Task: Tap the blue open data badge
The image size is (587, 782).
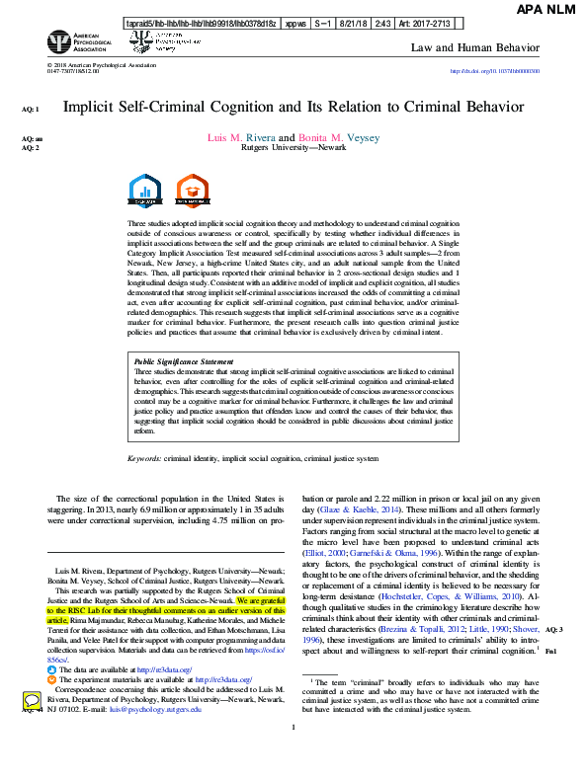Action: click(x=145, y=190)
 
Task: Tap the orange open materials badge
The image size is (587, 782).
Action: click(x=189, y=190)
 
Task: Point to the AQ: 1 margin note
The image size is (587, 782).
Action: click(x=31, y=109)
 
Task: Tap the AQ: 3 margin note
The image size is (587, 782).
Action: click(x=553, y=601)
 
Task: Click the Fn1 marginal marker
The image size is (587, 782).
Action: click(x=550, y=625)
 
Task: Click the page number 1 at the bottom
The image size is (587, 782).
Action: click(x=293, y=755)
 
